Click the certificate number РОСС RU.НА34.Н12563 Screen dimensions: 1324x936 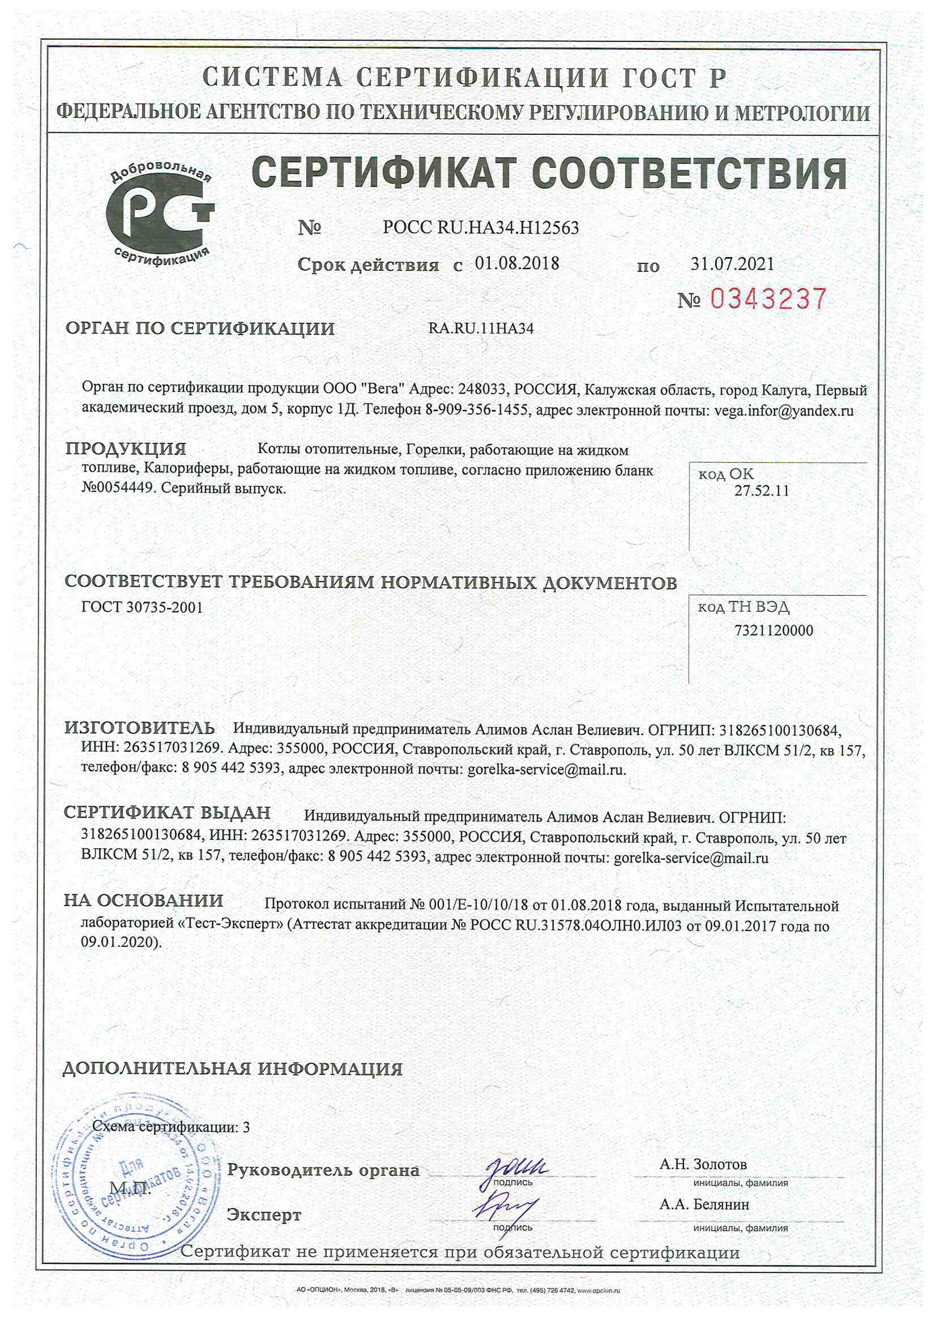tap(480, 228)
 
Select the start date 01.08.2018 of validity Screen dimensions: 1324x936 tap(517, 263)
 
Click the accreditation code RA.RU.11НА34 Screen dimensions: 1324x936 tap(480, 329)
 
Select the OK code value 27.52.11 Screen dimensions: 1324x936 tap(761, 491)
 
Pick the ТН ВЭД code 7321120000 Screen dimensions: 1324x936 tap(773, 630)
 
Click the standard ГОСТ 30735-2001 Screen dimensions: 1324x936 tap(142, 607)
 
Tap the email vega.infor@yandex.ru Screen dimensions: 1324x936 tap(784, 411)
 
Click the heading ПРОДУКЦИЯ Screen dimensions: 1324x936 tap(126, 449)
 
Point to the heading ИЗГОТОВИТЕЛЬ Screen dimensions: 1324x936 tap(140, 728)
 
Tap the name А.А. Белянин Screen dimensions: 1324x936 tap(704, 1205)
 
